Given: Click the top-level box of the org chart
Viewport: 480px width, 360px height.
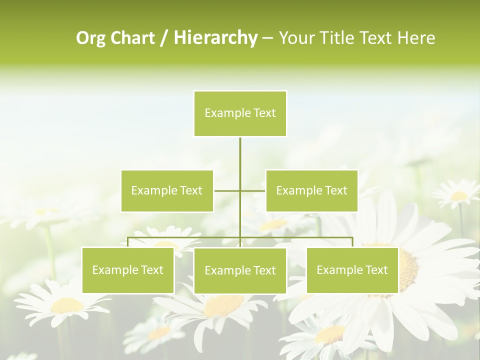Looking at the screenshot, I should click(x=240, y=113).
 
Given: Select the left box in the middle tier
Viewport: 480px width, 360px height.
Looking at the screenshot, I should click(x=167, y=190).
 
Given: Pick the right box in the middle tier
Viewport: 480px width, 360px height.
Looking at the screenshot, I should click(x=311, y=190).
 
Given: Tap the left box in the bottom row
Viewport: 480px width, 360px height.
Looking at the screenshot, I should click(x=127, y=270).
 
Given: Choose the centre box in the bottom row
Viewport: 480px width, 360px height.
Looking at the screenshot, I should click(x=240, y=270).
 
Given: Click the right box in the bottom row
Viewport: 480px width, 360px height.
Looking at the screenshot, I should click(x=352, y=270).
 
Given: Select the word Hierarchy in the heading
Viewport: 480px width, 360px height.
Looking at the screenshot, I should click(x=215, y=38).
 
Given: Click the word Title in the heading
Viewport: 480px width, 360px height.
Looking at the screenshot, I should click(x=337, y=38).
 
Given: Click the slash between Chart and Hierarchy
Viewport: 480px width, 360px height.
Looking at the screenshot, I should click(x=164, y=38).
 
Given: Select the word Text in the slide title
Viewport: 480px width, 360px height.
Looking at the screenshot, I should click(x=376, y=38).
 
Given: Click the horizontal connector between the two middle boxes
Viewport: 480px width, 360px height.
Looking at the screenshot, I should click(x=240, y=190).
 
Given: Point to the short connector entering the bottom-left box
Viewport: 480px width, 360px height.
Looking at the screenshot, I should click(x=127, y=242).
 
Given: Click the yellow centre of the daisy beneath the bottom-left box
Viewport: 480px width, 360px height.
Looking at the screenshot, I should click(x=67, y=305).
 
